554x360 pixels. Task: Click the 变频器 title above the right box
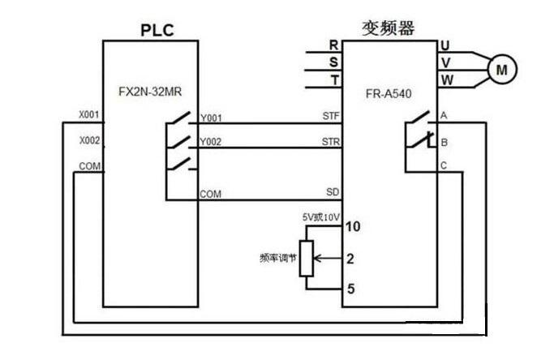[x=388, y=28]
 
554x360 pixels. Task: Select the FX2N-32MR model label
[x=152, y=93]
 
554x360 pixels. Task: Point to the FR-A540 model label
[x=389, y=93]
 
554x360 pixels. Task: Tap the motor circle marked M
[x=501, y=71]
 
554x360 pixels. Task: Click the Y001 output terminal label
[x=211, y=118]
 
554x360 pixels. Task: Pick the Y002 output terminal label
[x=211, y=142]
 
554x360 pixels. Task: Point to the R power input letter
[x=333, y=45]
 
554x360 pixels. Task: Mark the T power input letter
[x=333, y=79]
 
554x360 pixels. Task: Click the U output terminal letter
[x=444, y=45]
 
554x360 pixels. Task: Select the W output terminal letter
[x=445, y=79]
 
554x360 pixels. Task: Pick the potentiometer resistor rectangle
[x=306, y=259]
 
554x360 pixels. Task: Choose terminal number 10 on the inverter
[x=352, y=227]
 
